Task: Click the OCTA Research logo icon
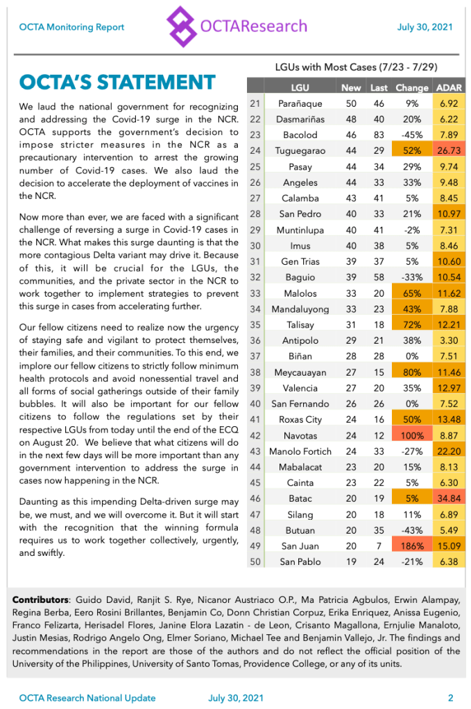(x=182, y=26)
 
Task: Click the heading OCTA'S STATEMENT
(x=117, y=82)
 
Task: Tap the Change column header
(x=411, y=88)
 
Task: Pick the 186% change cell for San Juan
(x=412, y=546)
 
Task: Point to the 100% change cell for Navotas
(x=412, y=435)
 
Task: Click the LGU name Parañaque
(x=300, y=103)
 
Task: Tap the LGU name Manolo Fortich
(x=300, y=451)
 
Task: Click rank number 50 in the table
(x=254, y=561)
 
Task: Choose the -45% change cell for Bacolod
(x=412, y=135)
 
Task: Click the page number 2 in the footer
(x=450, y=698)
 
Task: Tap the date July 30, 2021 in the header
(x=425, y=27)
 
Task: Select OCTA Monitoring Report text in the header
(x=71, y=27)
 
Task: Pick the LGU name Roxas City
(x=300, y=419)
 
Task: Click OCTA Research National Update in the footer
(x=87, y=698)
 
